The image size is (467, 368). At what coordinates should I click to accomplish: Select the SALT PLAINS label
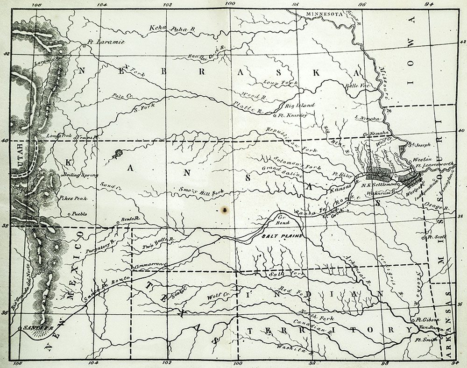278,236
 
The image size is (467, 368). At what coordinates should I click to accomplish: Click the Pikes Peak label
73,198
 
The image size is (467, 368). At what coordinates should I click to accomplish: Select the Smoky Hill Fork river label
202,191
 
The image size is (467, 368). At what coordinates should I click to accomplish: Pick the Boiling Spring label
80,175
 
